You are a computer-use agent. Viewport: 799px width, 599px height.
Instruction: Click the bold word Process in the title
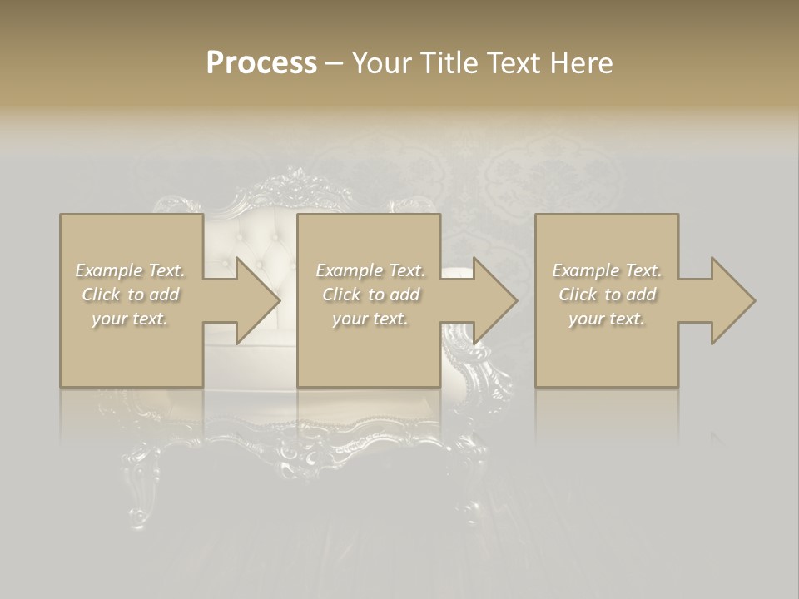coord(261,62)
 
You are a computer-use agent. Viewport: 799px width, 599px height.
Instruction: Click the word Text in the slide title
coord(513,62)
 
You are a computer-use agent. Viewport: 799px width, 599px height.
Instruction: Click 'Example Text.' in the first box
coord(130,270)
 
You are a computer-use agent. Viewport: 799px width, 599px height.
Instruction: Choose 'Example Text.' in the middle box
coord(370,270)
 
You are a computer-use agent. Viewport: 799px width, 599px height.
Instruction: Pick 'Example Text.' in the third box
coord(607,270)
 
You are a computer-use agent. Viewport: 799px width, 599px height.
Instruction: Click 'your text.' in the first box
coord(130,319)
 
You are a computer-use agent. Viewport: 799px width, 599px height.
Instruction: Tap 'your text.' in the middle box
coord(370,319)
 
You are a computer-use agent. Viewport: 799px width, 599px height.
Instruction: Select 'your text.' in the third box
coord(607,319)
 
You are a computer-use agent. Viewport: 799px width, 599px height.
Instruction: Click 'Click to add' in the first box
coord(130,295)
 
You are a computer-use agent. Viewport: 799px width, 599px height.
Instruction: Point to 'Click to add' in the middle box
coord(370,295)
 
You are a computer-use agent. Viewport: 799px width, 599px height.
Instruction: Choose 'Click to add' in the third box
coord(607,295)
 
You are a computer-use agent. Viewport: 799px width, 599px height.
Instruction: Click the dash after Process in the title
coord(335,63)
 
